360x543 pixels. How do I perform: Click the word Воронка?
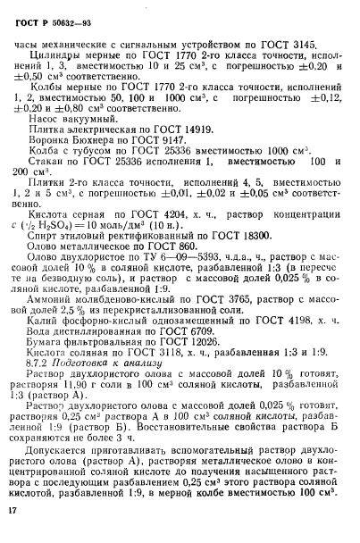pyautogui.click(x=52, y=141)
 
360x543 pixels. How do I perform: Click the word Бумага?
pyautogui.click(x=49, y=368)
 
